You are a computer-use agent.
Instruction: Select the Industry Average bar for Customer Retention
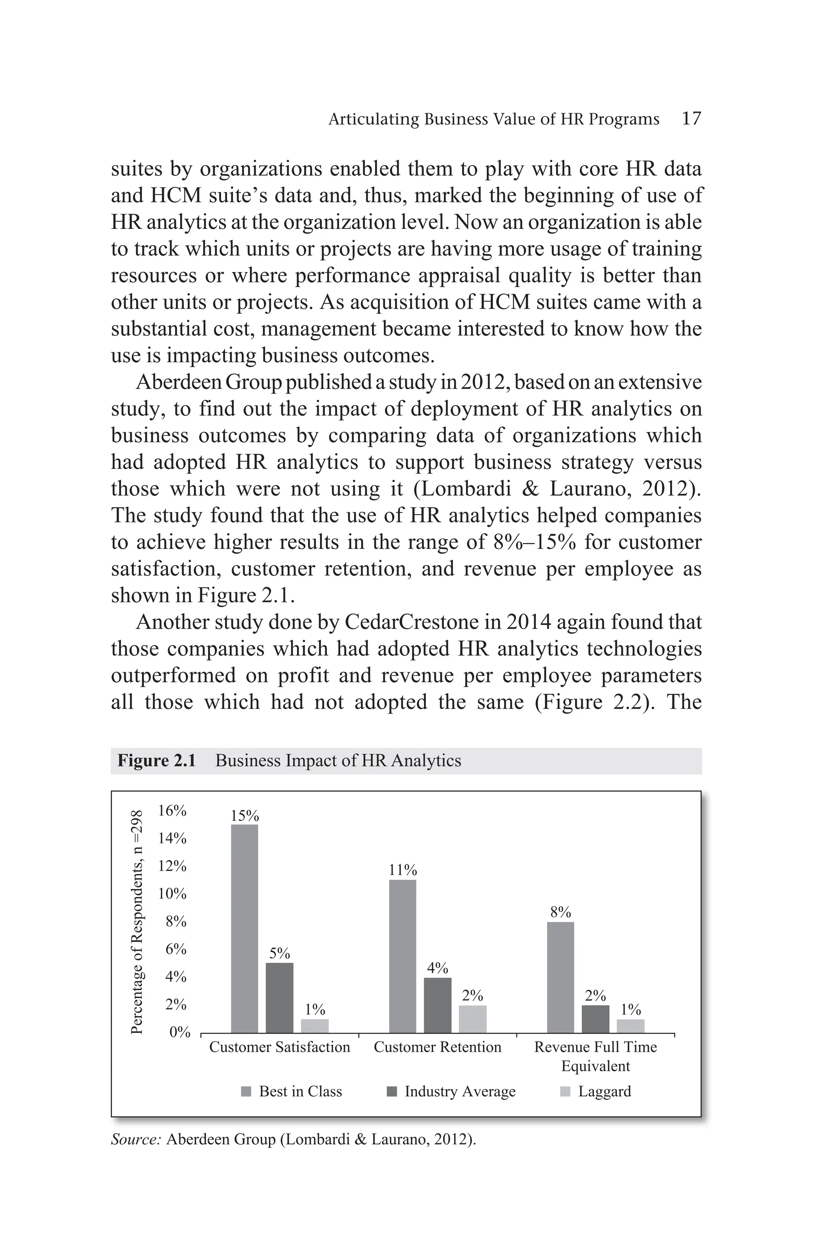[x=437, y=1005]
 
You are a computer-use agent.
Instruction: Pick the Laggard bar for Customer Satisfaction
[x=314, y=1026]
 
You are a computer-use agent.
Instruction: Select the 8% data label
[x=560, y=912]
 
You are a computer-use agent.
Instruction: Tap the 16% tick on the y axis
[x=172, y=810]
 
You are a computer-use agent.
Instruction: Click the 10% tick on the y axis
[x=172, y=894]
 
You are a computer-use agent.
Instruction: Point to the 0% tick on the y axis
[x=179, y=1032]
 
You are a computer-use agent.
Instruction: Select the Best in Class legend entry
[x=300, y=1092]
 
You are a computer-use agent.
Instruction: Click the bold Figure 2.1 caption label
[x=156, y=760]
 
